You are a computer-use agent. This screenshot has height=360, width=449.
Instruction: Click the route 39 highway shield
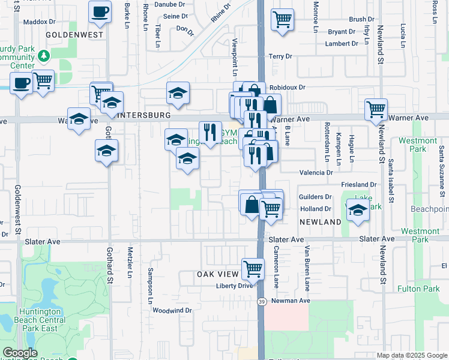pyautogui.click(x=262, y=301)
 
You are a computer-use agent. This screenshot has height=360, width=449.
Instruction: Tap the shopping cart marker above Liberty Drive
pyautogui.click(x=253, y=269)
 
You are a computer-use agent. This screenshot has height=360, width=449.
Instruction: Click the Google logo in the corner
pyautogui.click(x=20, y=353)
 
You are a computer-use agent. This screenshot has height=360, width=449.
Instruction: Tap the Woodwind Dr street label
pyautogui.click(x=172, y=310)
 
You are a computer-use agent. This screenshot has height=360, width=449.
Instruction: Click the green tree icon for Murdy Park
pyautogui.click(x=43, y=56)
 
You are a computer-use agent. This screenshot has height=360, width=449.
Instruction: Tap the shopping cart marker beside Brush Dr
pyautogui.click(x=282, y=20)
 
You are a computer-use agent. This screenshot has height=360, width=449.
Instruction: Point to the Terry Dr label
pyautogui.click(x=280, y=56)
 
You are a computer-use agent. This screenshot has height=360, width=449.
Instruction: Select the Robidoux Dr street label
pyautogui.click(x=287, y=87)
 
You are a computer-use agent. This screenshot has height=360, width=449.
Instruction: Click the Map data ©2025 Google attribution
pyautogui.click(x=412, y=355)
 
